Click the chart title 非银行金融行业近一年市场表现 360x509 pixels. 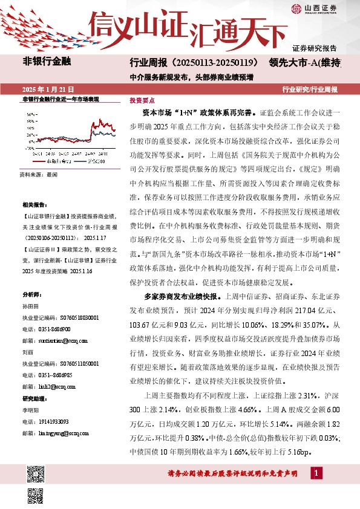pos(61,99)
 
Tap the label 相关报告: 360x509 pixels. pos(33,205)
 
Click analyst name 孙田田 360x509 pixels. pos(30,307)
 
